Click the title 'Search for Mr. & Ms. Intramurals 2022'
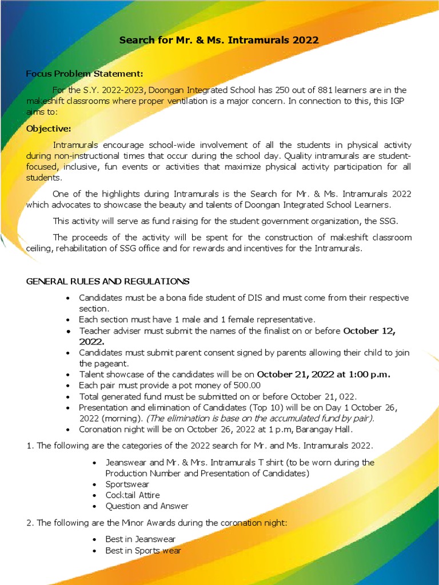click(219, 41)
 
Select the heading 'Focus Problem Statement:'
click(85, 74)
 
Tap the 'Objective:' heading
click(49, 128)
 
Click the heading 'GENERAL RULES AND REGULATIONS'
click(107, 281)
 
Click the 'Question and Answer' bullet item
click(147, 506)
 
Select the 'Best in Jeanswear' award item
click(141, 539)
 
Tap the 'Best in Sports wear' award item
click(143, 550)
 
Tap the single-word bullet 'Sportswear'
click(127, 484)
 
